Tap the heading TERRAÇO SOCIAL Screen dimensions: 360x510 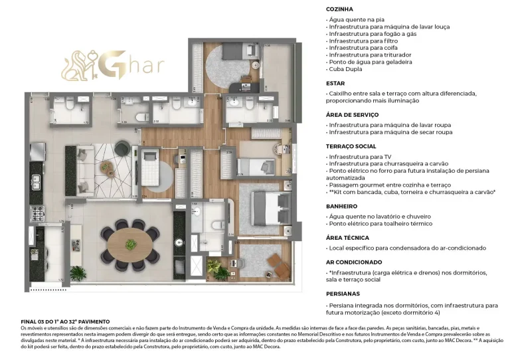click(x=352, y=146)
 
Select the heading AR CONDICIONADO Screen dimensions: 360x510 click(x=353, y=262)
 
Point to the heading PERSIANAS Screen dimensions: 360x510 click(x=342, y=293)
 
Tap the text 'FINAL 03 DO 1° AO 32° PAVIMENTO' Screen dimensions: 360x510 click(x=65, y=321)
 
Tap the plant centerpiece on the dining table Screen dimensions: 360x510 click(x=130, y=244)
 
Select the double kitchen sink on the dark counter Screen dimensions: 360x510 click(x=35, y=181)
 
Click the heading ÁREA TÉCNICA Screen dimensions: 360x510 click(x=347, y=237)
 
